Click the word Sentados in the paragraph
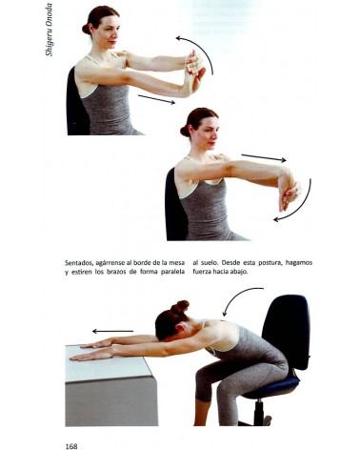[x=79, y=262]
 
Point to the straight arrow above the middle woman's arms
[x=263, y=157]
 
